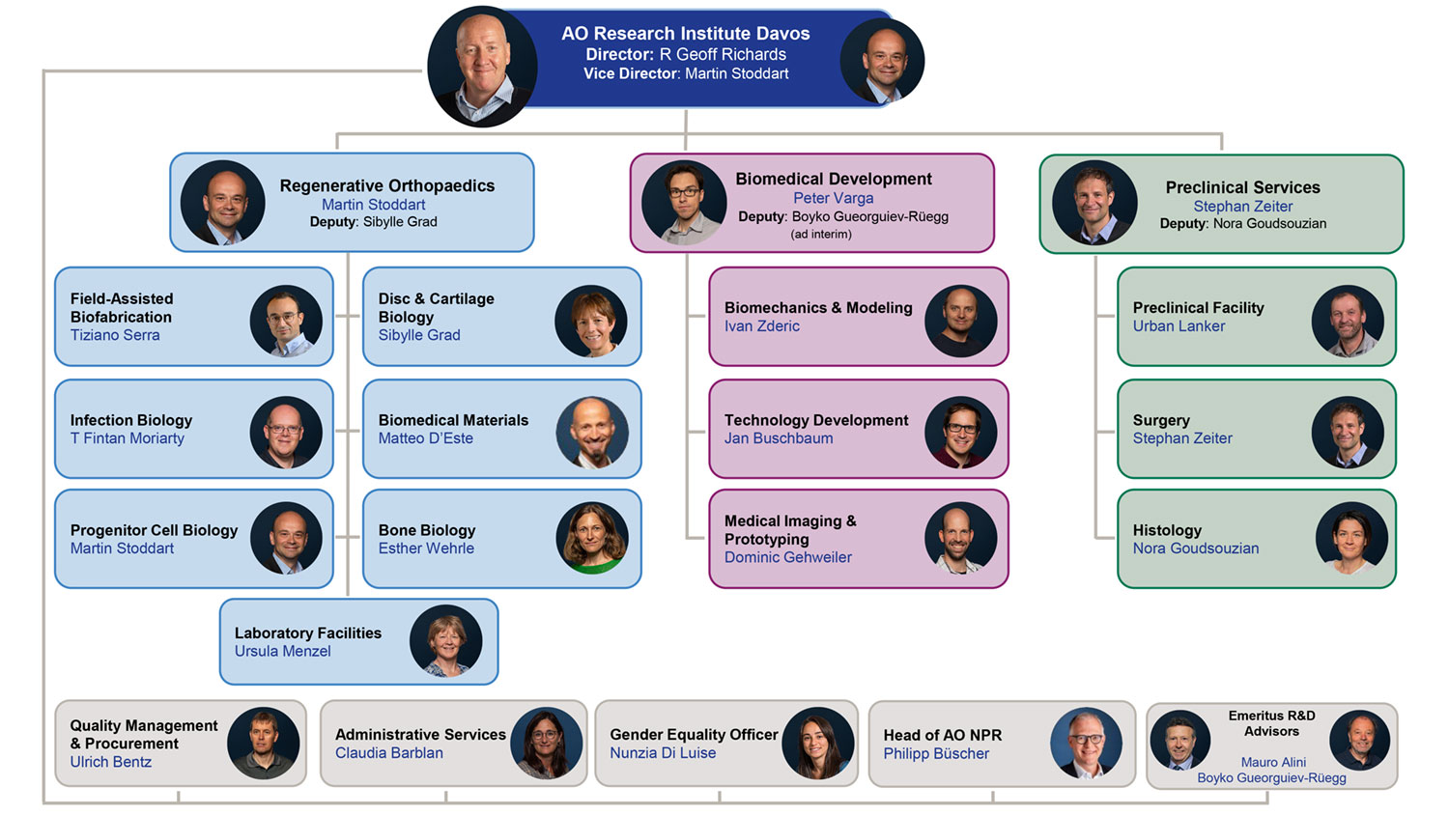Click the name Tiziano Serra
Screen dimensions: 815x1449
coord(115,335)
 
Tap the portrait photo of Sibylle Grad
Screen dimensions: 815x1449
coord(591,322)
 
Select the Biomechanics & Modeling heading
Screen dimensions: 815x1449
coord(818,307)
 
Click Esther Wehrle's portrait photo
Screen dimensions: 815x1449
coord(592,538)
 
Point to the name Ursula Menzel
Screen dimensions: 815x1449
coord(282,651)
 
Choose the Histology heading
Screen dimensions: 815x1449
coord(1167,530)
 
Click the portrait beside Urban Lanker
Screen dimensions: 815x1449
coord(1348,322)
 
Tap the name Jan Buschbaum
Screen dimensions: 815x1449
coord(779,438)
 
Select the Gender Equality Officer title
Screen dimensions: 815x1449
coord(694,734)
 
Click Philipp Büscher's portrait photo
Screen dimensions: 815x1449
coord(1086,744)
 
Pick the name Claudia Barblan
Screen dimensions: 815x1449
coord(389,753)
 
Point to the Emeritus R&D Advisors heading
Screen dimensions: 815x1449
coord(1271,723)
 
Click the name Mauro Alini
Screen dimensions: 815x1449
coord(1273,762)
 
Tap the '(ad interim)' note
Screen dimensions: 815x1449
coord(821,235)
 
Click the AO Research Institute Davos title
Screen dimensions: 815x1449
coord(686,33)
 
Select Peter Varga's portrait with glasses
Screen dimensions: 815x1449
coord(684,202)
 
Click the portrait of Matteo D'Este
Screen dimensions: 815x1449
coord(592,433)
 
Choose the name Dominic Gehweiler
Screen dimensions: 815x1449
coord(788,557)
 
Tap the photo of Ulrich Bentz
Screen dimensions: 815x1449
coord(263,744)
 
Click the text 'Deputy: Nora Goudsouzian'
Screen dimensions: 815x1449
coord(1243,224)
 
